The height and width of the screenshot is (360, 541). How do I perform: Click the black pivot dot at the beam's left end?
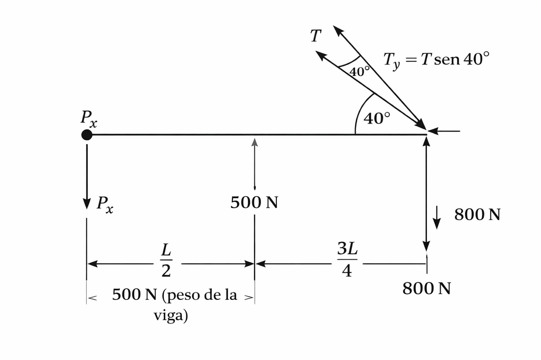[x=87, y=135]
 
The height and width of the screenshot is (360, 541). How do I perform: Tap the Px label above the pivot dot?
[x=89, y=119]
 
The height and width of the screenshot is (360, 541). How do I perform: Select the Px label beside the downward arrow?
[x=105, y=204]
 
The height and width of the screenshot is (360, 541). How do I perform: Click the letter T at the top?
[x=316, y=36]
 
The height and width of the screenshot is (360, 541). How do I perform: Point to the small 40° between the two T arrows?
[x=359, y=71]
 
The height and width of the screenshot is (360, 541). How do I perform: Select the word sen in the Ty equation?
[x=447, y=60]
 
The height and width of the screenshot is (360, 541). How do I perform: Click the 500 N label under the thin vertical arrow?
[x=254, y=202]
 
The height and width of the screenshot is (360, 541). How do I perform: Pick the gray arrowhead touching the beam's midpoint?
[x=255, y=142]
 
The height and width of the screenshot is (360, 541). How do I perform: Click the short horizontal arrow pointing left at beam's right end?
[x=444, y=131]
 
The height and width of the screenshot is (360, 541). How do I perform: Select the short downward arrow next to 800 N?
[x=437, y=217]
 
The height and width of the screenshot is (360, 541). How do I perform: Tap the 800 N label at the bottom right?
[x=426, y=288]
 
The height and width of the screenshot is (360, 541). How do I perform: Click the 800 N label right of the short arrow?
[x=477, y=214]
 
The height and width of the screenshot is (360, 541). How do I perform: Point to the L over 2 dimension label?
[x=166, y=260]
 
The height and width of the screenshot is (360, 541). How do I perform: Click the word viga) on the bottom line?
[x=171, y=315]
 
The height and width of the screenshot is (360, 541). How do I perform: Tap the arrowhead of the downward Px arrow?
[x=87, y=204]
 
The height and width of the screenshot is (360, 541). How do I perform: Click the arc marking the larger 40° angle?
[x=360, y=110]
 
